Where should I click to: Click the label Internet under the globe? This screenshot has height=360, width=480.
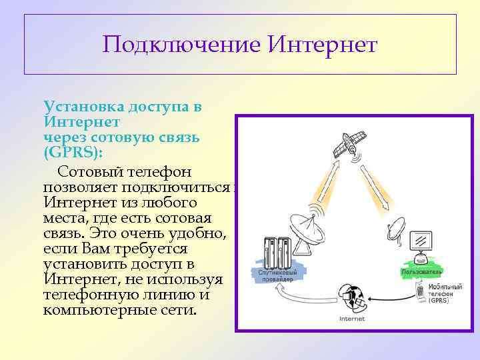[x=352, y=319]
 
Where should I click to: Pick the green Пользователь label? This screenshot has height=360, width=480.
[x=421, y=272]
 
